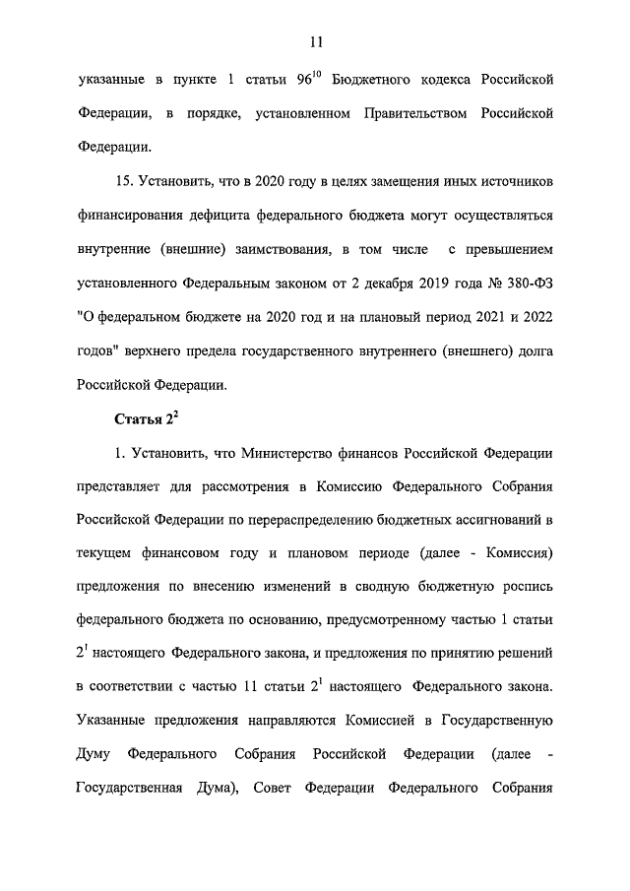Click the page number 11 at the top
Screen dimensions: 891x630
tap(315, 41)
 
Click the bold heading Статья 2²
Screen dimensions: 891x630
tap(145, 419)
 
